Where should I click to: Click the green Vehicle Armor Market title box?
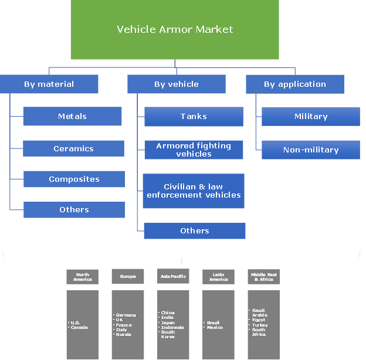pos(175,29)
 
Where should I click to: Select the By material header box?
pos(49,84)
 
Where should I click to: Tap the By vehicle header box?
pos(176,84)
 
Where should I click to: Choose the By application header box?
pos(294,84)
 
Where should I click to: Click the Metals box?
pos(72,116)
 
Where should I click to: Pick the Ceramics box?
pos(73,148)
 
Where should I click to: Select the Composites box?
pos(74,179)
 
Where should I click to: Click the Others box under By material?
pos(74,209)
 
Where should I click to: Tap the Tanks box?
pos(194,116)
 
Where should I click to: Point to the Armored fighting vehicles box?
pos(194,150)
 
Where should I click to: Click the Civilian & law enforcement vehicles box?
pos(194,191)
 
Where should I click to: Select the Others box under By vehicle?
pos(195,230)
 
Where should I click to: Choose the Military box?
pos(311,116)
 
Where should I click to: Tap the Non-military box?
pos(311,150)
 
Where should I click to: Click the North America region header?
pos(82,277)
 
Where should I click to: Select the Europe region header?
pos(128,277)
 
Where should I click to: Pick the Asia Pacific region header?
pos(173,277)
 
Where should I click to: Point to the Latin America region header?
pos(218,277)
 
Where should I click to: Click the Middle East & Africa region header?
pos(263,277)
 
